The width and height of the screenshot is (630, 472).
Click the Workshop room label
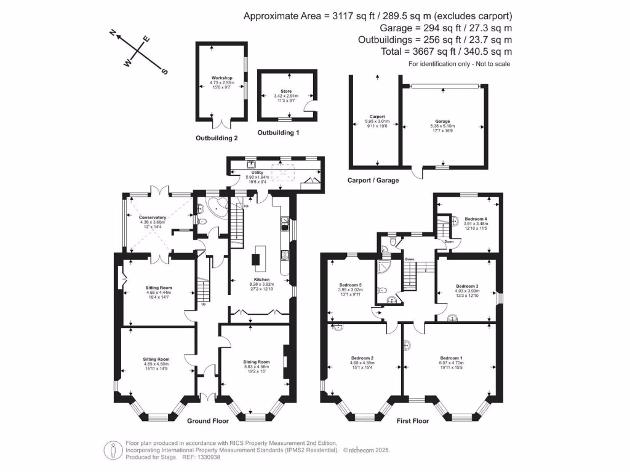221,78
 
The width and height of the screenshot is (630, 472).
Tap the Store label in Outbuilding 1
285,91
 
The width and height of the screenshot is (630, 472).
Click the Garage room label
442,122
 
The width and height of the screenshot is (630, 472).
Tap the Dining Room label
255,362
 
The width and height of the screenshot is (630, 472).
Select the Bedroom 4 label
476,219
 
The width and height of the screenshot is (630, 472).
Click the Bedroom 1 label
451,358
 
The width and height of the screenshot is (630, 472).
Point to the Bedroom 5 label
350,284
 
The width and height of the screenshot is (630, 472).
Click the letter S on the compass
164,71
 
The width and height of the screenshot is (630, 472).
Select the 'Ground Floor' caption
208,422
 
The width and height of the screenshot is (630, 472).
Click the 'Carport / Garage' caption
373,180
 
